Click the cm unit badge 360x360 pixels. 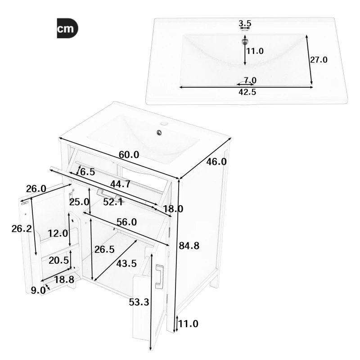[67, 29]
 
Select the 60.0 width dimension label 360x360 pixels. [129, 154]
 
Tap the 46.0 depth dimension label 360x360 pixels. [216, 162]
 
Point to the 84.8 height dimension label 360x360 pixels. [189, 246]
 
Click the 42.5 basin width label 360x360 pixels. [247, 92]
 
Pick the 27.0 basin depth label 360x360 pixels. [318, 59]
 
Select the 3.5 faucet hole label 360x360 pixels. [245, 22]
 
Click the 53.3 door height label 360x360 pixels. [139, 302]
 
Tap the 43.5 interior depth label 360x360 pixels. [126, 264]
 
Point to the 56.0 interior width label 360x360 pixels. [126, 222]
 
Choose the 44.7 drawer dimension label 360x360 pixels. [120, 184]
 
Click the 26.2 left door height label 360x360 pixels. [22, 229]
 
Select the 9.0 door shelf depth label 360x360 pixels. [39, 291]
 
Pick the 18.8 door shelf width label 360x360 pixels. [64, 280]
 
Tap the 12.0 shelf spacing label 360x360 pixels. [58, 233]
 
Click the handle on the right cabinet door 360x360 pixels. [159, 276]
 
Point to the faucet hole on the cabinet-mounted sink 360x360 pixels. [165, 123]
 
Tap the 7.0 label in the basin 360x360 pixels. [250, 81]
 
